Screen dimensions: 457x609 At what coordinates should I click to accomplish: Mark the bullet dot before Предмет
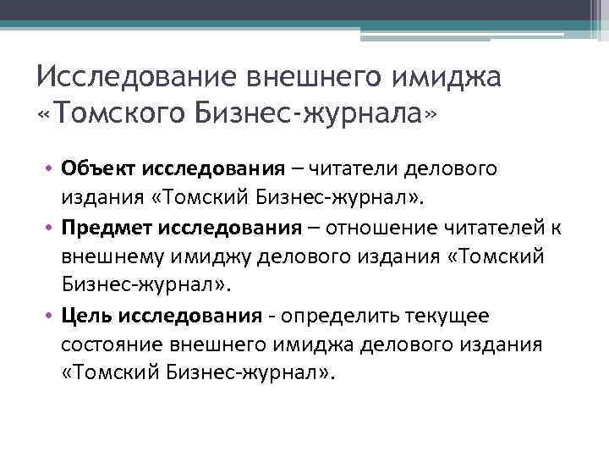point(51,228)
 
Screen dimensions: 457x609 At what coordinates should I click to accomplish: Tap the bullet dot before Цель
point(51,316)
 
